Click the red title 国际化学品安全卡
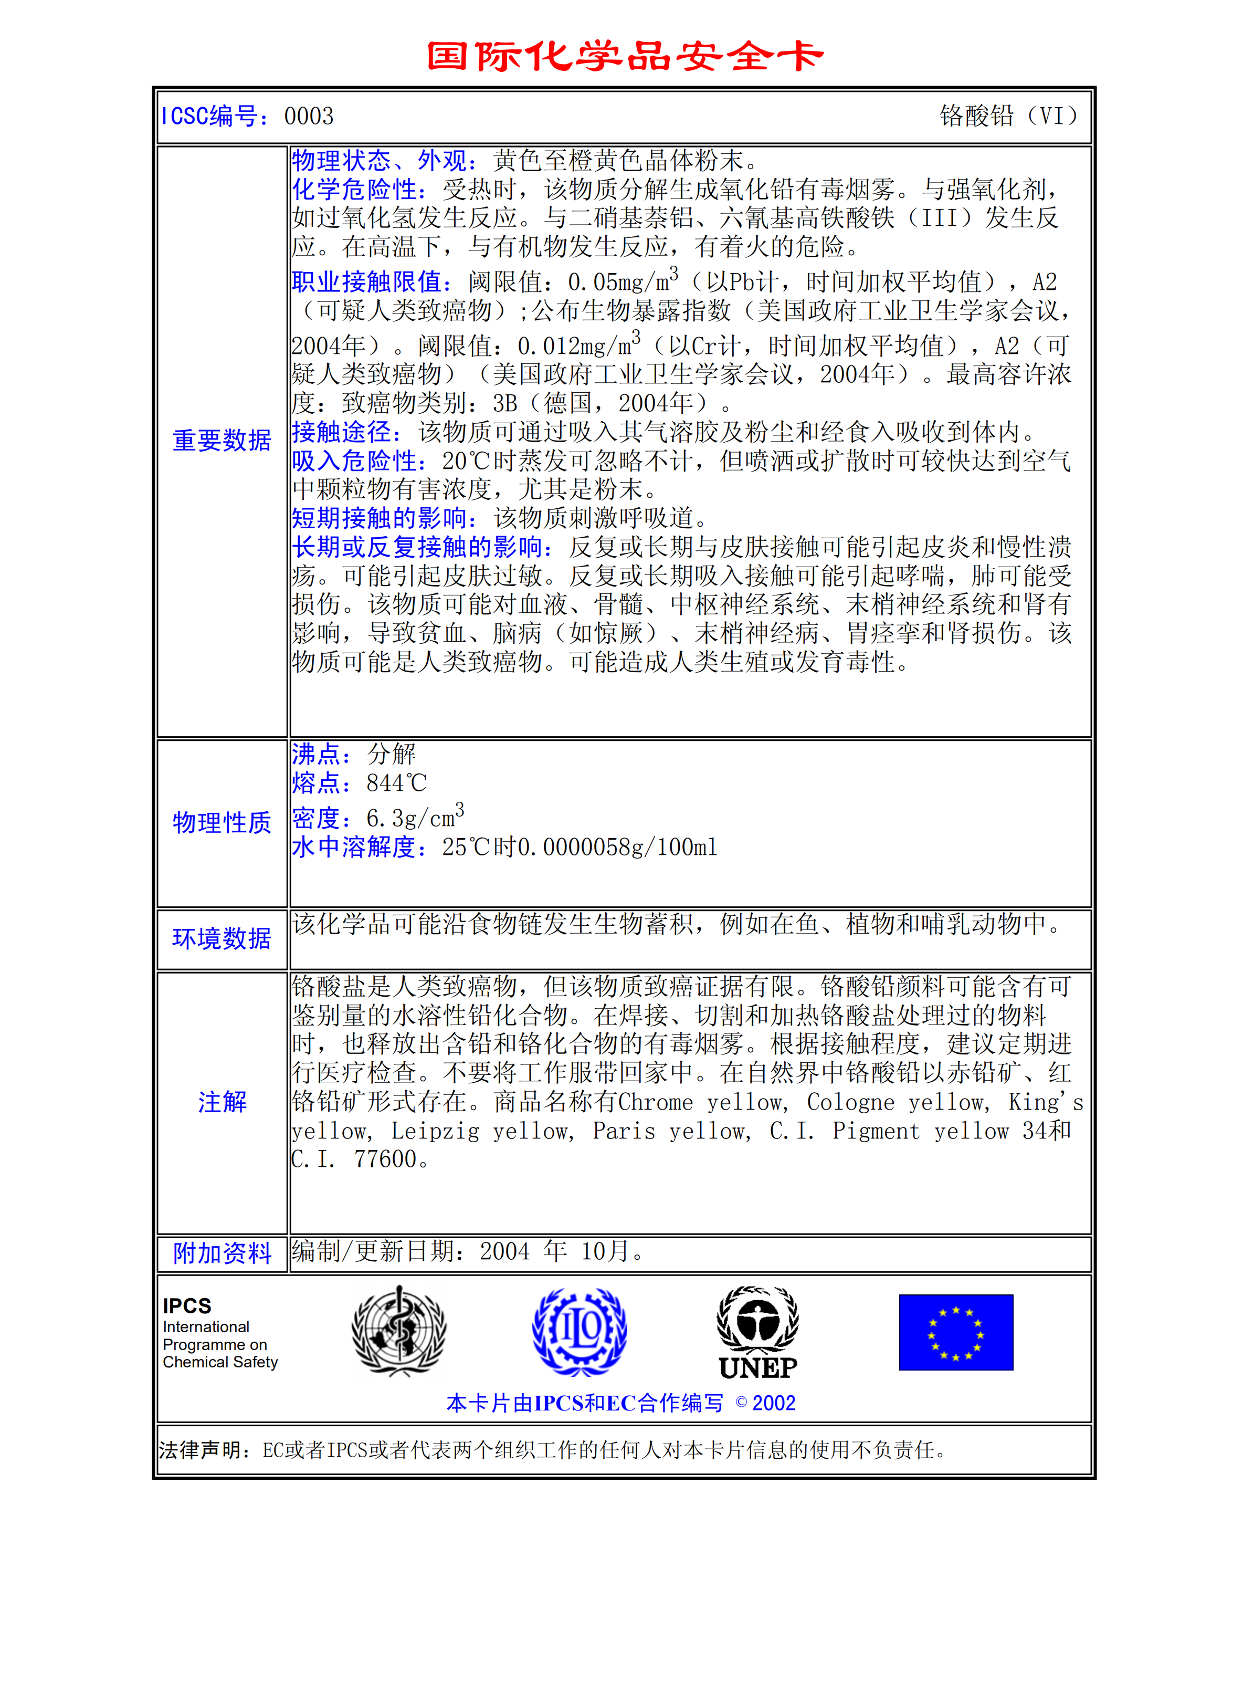pos(625,57)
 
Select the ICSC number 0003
pos(309,116)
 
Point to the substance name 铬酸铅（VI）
pos(1008,116)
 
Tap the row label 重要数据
pos(222,441)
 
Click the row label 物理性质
pos(222,823)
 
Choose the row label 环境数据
pos(222,938)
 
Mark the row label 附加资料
pos(222,1253)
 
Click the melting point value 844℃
pos(396,783)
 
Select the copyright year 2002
pos(774,1403)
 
